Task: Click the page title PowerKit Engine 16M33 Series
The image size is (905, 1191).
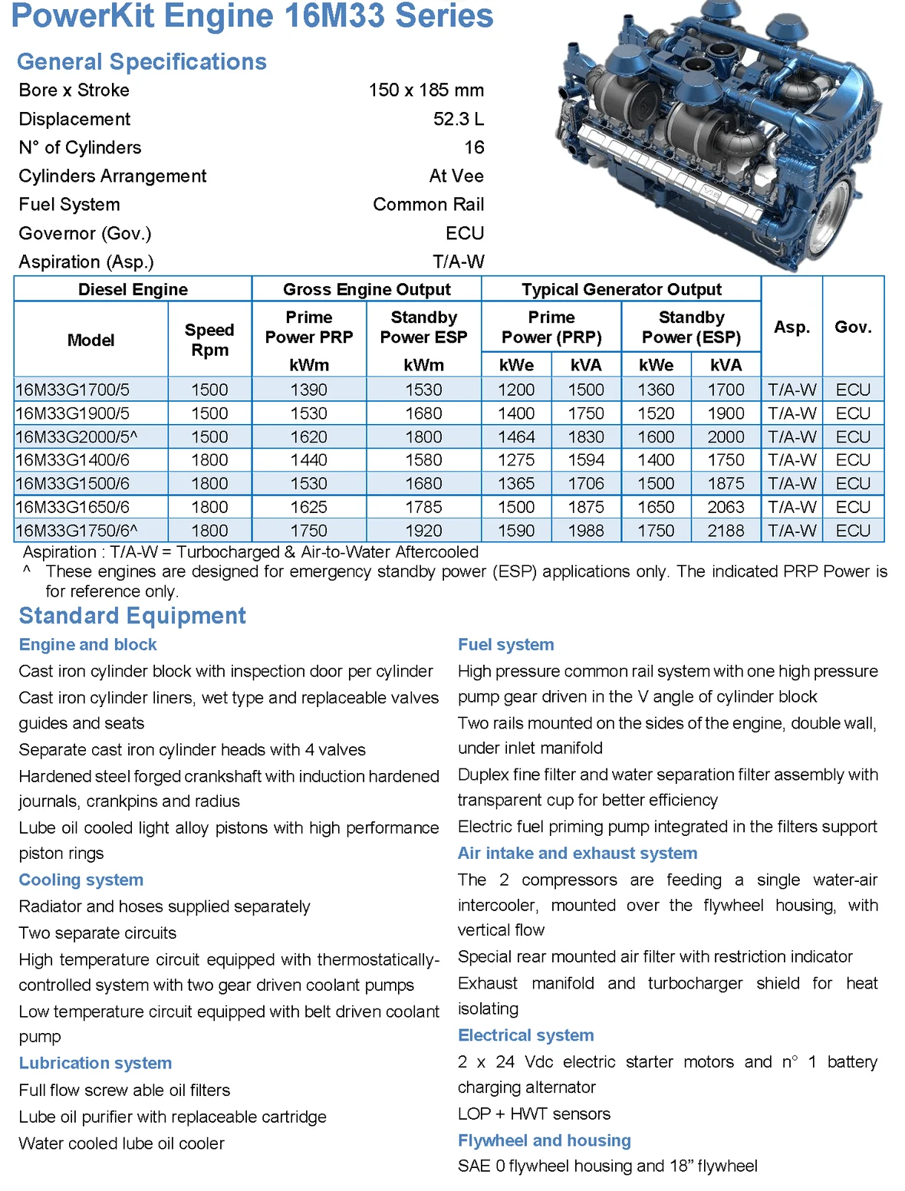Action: point(252,16)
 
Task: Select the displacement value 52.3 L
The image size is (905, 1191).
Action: point(458,119)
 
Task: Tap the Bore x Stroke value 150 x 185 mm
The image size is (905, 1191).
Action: point(426,90)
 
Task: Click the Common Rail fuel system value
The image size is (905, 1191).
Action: point(428,205)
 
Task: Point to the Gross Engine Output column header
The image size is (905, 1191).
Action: point(367,289)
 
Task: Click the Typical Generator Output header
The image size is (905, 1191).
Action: point(621,289)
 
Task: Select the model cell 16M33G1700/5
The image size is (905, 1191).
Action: point(73,390)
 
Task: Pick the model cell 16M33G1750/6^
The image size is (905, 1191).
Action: point(77,531)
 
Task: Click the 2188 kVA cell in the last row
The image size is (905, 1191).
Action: point(726,531)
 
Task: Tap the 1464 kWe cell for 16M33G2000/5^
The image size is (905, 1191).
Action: point(516,437)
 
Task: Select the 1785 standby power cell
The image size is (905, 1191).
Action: point(423,507)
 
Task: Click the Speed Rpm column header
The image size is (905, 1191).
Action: point(209,340)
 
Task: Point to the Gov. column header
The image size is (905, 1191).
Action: point(853,327)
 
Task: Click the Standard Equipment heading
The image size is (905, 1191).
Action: point(132,616)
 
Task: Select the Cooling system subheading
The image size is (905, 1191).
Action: point(81,880)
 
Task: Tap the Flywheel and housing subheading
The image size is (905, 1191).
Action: point(544,1140)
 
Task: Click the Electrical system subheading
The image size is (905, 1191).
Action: point(525,1035)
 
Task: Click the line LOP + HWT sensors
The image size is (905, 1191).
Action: point(534,1114)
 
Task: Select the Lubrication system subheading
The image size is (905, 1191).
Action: point(95,1063)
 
